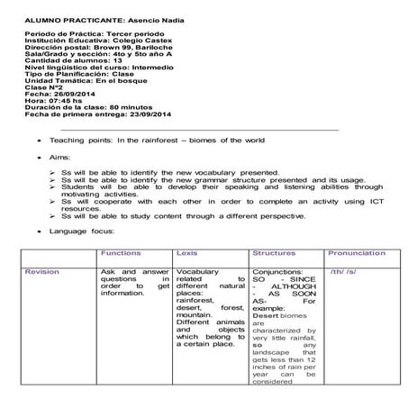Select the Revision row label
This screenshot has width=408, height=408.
tap(42, 271)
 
